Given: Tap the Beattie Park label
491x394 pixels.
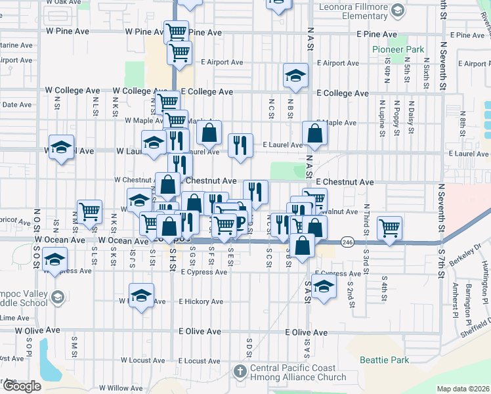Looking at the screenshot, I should (x=384, y=360).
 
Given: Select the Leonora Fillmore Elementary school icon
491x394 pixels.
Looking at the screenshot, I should (x=396, y=10).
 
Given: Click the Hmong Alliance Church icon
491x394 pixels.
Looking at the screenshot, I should (x=240, y=372).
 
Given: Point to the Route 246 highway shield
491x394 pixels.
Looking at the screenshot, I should (x=348, y=243).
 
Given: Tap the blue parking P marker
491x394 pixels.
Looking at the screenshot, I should (x=240, y=221).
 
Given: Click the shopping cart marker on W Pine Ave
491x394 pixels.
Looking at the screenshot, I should (x=176, y=32).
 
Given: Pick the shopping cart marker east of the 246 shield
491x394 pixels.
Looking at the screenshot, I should (x=390, y=228).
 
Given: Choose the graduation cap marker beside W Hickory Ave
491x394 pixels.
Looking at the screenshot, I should (x=141, y=295).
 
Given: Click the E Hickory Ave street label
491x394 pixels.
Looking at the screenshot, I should (x=201, y=302).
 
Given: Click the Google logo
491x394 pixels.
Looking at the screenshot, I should (x=21, y=386).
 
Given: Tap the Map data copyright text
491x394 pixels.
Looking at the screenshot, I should (x=463, y=389).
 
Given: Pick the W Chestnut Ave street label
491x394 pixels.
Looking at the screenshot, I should (x=133, y=179).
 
